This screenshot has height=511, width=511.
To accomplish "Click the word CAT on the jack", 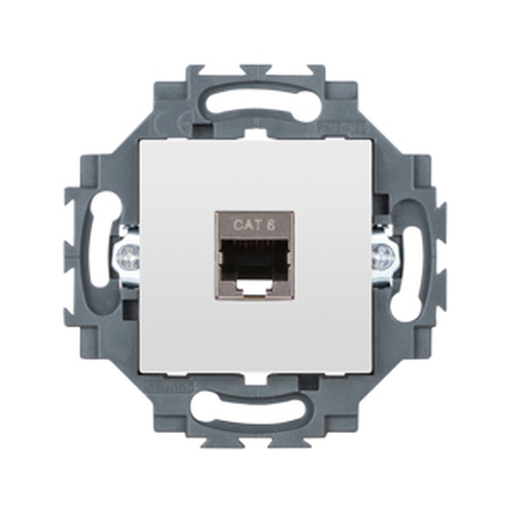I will [244, 224].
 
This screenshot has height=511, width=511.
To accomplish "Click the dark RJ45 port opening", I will [254, 258].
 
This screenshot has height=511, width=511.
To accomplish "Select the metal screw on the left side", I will [128, 255].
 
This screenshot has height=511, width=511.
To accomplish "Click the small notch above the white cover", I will [255, 134].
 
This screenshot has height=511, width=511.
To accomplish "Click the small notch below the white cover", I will [255, 379].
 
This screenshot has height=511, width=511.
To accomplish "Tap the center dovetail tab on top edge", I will [255, 69].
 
